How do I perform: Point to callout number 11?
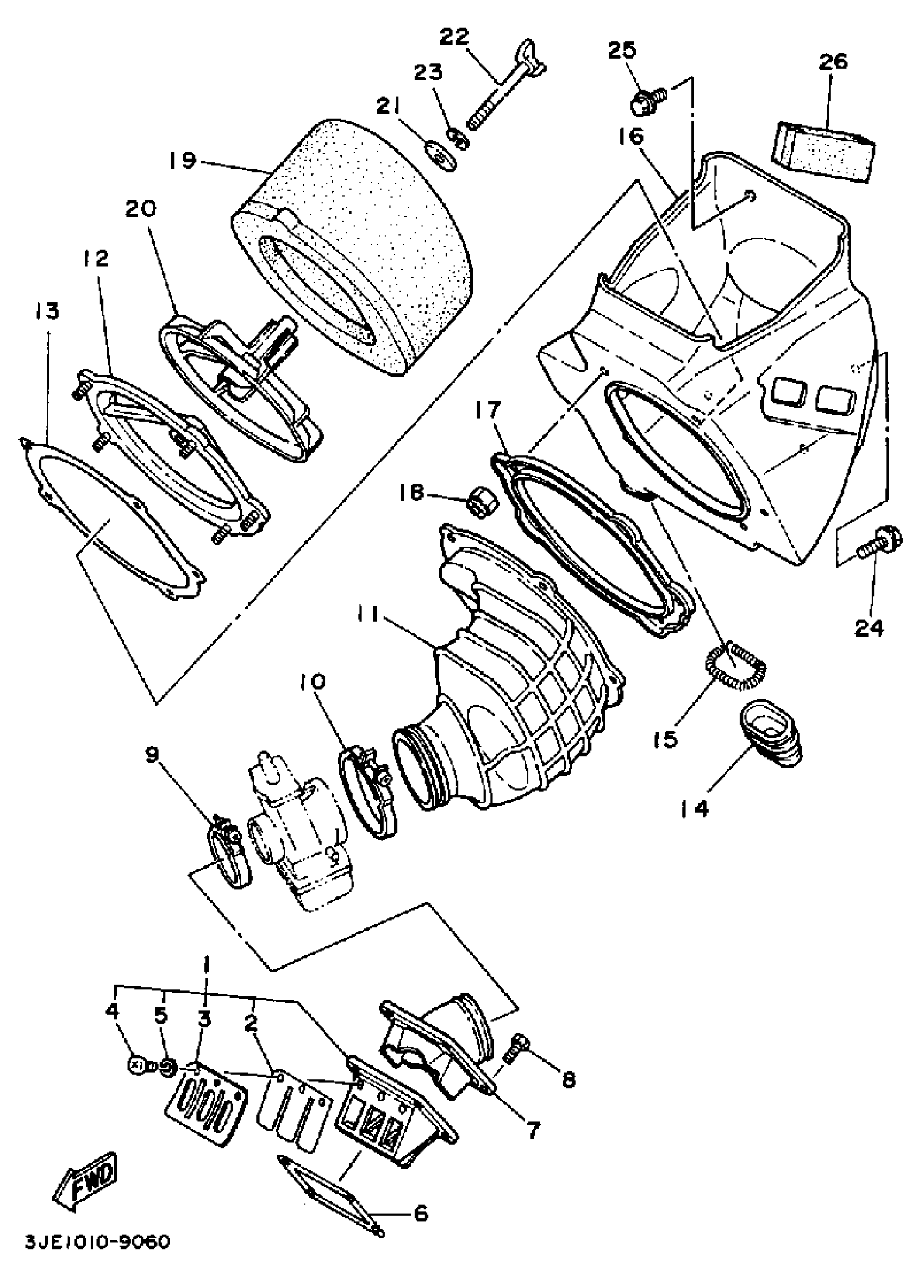tap(372, 617)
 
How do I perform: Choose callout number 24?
tap(870, 627)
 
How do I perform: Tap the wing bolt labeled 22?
tap(502, 93)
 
